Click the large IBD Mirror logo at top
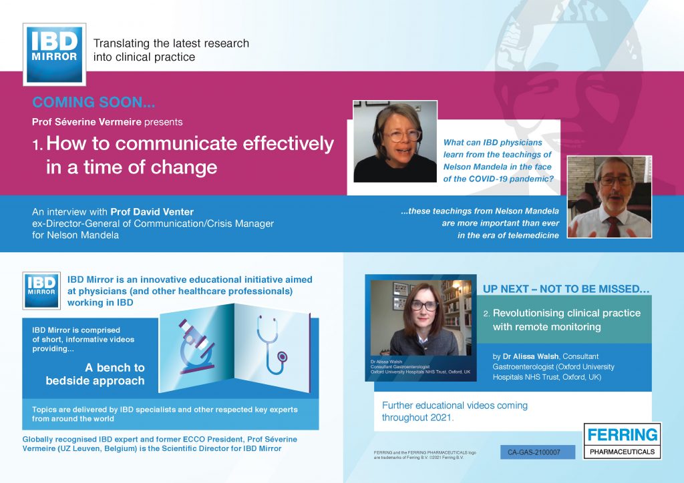pos(55,55)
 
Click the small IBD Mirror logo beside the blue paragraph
pos(41,291)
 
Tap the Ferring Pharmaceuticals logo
pos(623,441)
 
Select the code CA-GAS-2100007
pos(534,452)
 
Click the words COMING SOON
pos(94,102)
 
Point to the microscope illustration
pos(197,347)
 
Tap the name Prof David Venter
pos(152,212)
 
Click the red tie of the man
pos(613,226)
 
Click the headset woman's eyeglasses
pos(402,135)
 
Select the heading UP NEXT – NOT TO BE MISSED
pos(566,289)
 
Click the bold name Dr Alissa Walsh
pos(530,356)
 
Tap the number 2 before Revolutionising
pos(486,314)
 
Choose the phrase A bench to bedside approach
pos(95,374)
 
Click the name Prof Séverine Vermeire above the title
pos(86,122)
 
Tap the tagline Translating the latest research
pos(171,43)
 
